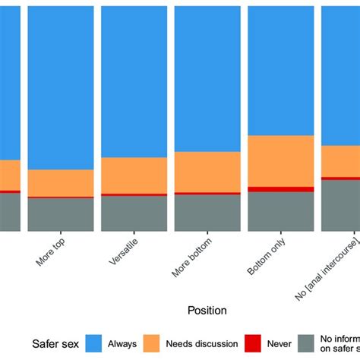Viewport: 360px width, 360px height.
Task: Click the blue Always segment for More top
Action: [x=61, y=87]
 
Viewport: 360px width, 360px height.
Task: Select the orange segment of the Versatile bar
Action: [x=134, y=175]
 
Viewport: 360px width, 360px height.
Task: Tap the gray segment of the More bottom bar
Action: [x=207, y=213]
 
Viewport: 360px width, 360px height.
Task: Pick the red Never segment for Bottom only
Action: [x=280, y=189]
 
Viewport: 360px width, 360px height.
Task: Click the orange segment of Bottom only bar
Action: [x=280, y=161]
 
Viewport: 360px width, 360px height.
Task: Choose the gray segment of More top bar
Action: [x=61, y=215]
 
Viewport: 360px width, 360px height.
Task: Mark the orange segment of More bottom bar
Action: [x=207, y=172]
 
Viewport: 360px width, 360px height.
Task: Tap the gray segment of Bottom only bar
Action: [x=280, y=211]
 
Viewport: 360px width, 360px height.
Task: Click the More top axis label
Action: [x=52, y=252]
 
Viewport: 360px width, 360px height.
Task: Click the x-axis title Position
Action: [x=207, y=310]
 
